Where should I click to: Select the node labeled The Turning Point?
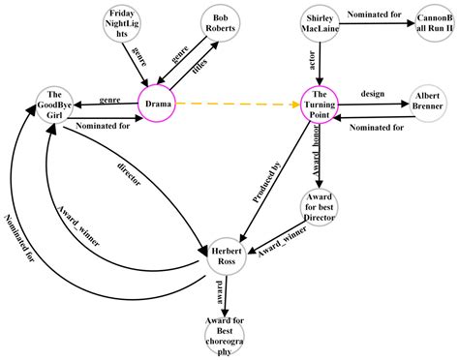tap(321, 103)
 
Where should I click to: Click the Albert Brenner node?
tap(427, 104)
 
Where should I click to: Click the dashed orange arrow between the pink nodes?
tap(237, 103)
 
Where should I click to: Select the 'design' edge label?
tap(373, 95)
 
